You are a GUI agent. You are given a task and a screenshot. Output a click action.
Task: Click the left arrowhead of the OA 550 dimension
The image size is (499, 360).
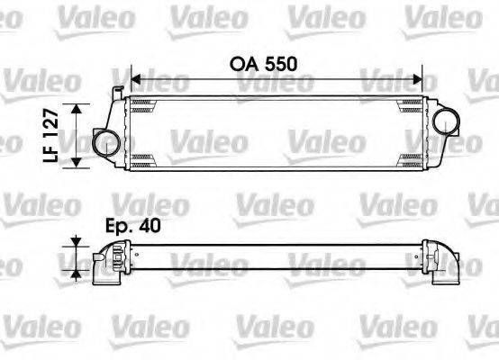click(135, 76)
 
